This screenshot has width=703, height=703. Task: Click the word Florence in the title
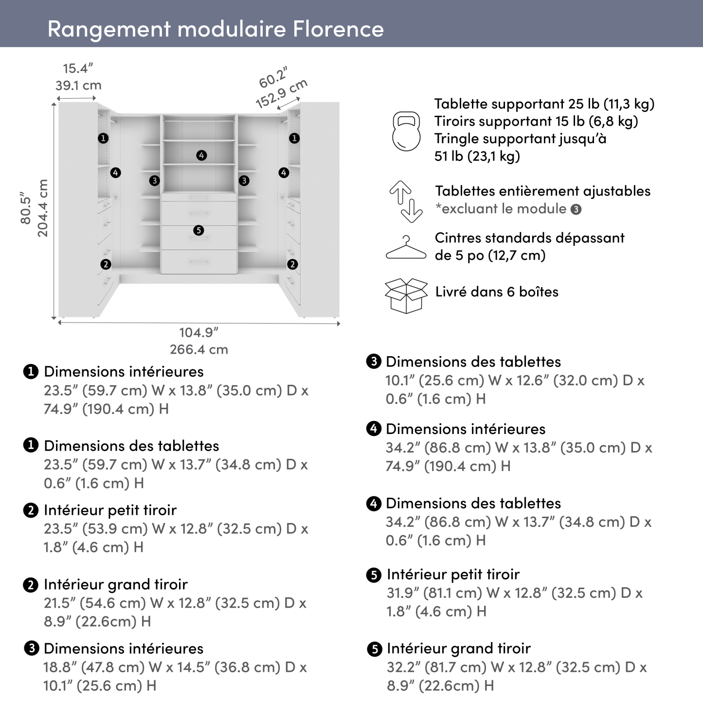click(338, 29)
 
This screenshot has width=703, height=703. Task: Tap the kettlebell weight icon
click(406, 130)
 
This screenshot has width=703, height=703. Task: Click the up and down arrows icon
click(406, 201)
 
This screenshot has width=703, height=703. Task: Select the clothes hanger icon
click(406, 248)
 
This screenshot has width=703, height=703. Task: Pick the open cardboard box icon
click(406, 295)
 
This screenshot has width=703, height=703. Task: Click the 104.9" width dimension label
click(198, 332)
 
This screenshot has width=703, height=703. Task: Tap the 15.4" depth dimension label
click(78, 69)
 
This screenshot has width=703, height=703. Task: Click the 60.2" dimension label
click(273, 78)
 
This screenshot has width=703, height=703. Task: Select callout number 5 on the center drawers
click(198, 230)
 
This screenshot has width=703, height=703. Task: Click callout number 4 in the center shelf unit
click(201, 155)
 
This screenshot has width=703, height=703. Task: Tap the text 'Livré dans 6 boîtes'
click(496, 292)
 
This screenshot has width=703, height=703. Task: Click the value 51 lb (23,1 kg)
click(477, 156)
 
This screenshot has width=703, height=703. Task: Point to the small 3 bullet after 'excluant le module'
click(576, 210)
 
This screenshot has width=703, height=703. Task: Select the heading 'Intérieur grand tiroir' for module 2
click(115, 584)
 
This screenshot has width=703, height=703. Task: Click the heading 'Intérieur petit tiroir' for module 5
click(453, 575)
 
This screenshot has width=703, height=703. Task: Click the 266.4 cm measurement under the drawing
click(198, 349)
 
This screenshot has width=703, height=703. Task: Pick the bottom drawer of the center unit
click(198, 262)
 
